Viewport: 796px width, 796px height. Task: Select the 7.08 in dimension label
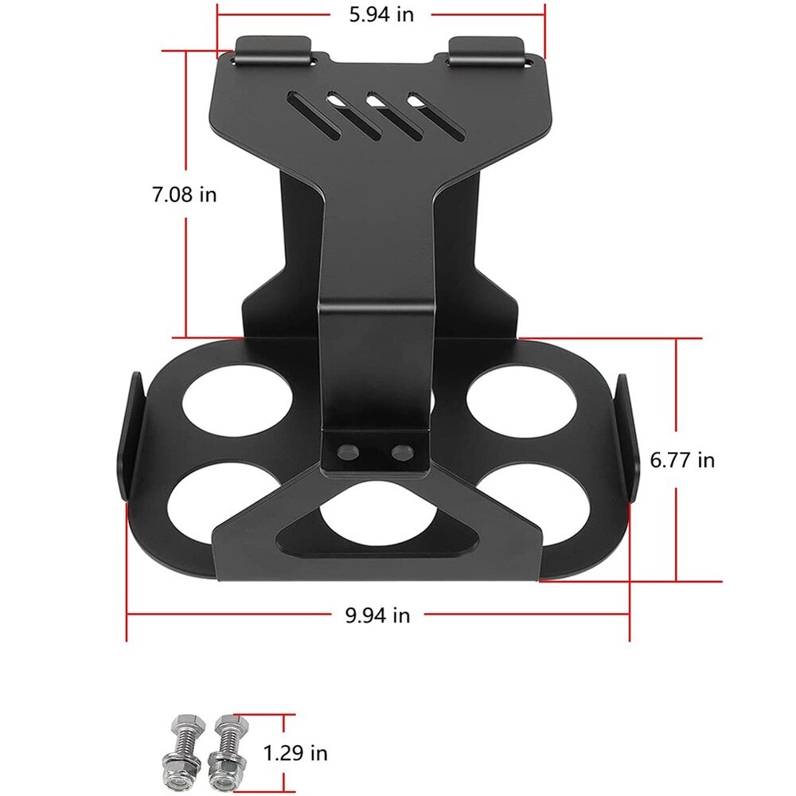(x=185, y=194)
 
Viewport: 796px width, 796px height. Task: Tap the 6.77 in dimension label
(x=682, y=459)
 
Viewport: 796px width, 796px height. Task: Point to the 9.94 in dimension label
(x=377, y=615)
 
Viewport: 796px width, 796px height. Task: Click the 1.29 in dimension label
(x=295, y=752)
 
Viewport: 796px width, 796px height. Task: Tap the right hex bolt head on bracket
(x=400, y=451)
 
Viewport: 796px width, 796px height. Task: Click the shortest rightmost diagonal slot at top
(x=429, y=111)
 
